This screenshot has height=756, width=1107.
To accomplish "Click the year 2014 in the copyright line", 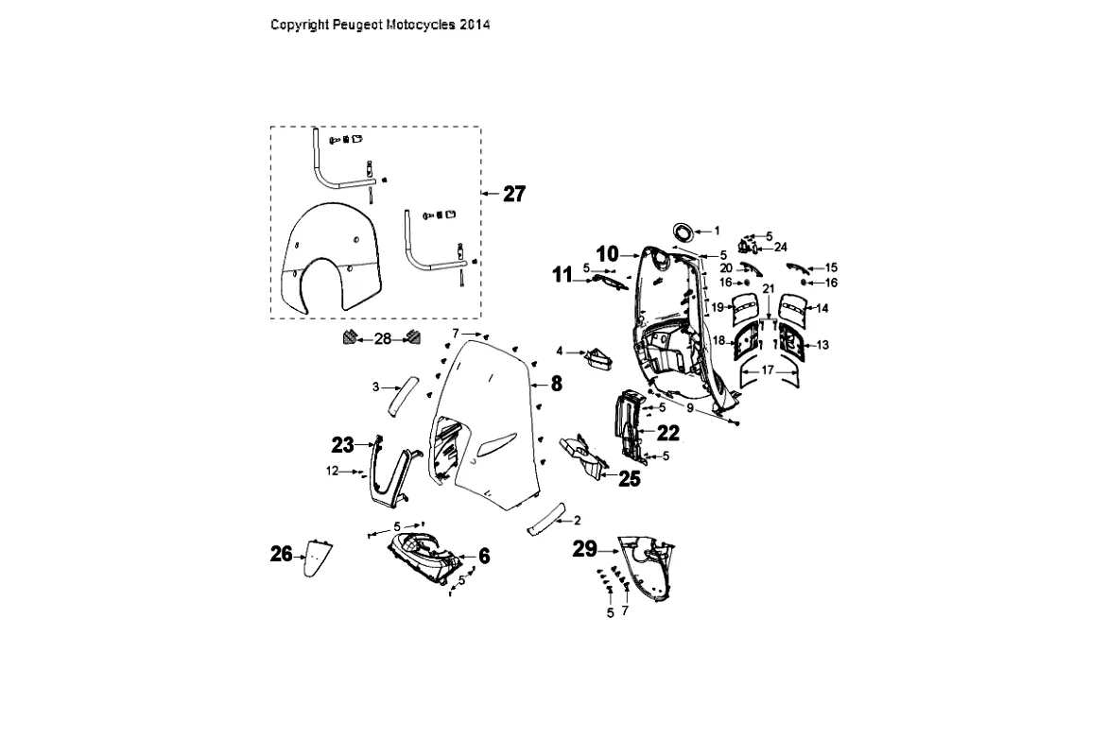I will coord(475,25).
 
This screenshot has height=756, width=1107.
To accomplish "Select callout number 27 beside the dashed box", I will coord(514,194).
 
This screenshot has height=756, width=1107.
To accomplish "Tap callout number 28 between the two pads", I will coord(383,338).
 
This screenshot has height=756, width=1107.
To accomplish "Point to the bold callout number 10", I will coord(607,253).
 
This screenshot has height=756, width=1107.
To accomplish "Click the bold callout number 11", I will coord(562,275).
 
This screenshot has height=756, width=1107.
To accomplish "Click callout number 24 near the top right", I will coord(780,248).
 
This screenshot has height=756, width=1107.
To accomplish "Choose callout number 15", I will coord(831,268).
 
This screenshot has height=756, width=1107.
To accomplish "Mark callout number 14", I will coord(822,308).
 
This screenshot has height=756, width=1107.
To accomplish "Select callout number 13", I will coord(822,345).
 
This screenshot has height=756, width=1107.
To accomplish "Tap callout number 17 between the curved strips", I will coord(767,370).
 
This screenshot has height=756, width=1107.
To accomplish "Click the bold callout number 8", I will coord(556,383).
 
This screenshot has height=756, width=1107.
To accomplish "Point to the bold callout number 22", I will coord(667,433).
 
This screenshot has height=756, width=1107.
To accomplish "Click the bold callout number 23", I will coord(342,444).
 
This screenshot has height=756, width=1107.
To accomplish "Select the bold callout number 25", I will coord(629,479).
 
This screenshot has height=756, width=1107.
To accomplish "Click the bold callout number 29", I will coord(585,549).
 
